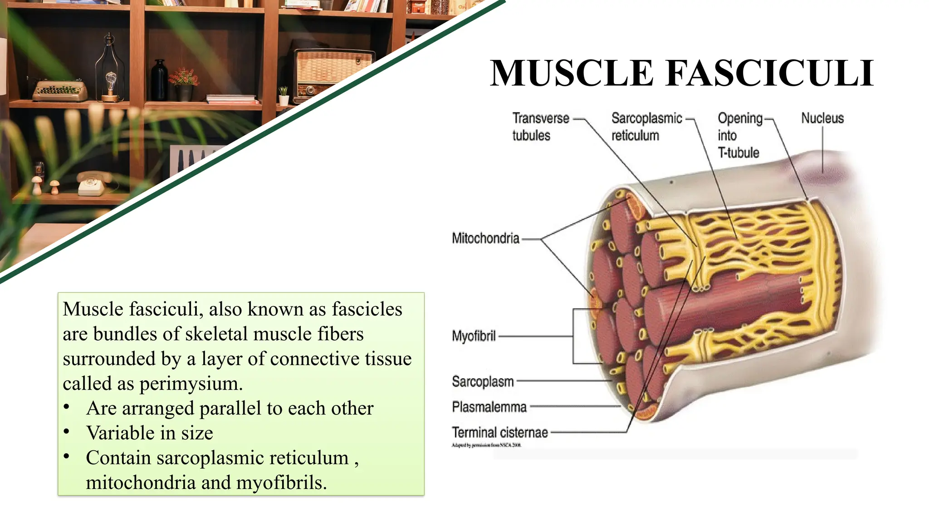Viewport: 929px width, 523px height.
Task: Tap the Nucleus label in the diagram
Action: coord(822,118)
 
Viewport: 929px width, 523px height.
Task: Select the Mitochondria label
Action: coord(485,238)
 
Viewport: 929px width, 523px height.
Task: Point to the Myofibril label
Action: coord(474,336)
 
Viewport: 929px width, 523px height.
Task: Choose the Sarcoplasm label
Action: coord(483,382)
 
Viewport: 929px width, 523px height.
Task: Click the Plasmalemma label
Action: coord(489,407)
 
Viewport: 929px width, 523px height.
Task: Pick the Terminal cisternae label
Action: coord(499,433)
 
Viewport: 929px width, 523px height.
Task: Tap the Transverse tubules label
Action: coord(540,127)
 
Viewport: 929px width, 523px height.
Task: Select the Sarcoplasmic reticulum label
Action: coord(646,127)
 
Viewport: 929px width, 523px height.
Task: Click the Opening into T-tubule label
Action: coord(739,135)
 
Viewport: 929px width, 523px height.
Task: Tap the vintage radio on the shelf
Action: coord(333,70)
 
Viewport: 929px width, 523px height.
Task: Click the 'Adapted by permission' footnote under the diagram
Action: coord(486,445)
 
